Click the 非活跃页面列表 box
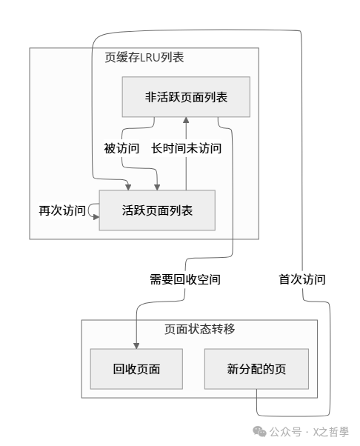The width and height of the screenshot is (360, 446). pyautogui.click(x=185, y=97)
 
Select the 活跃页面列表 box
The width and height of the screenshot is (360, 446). pyautogui.click(x=157, y=210)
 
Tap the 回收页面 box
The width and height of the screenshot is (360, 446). pyautogui.click(x=137, y=368)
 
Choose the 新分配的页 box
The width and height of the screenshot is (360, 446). pyautogui.click(x=256, y=368)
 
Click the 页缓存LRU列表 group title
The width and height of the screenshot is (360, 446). pyautogui.click(x=144, y=58)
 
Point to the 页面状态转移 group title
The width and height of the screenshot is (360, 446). pyautogui.click(x=199, y=329)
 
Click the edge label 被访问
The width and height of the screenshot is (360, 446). pyautogui.click(x=121, y=148)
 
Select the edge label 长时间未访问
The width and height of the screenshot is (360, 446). pyautogui.click(x=187, y=148)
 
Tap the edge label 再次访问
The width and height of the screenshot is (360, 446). pyautogui.click(x=62, y=210)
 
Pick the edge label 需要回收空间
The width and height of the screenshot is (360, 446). pyautogui.click(x=185, y=280)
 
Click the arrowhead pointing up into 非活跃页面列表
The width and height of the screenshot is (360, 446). pyautogui.click(x=187, y=119)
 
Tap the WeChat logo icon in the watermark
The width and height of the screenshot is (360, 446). pyautogui.click(x=260, y=431)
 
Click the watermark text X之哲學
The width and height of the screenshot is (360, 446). pyautogui.click(x=330, y=432)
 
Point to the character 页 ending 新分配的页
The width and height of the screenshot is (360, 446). pyautogui.click(x=280, y=368)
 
